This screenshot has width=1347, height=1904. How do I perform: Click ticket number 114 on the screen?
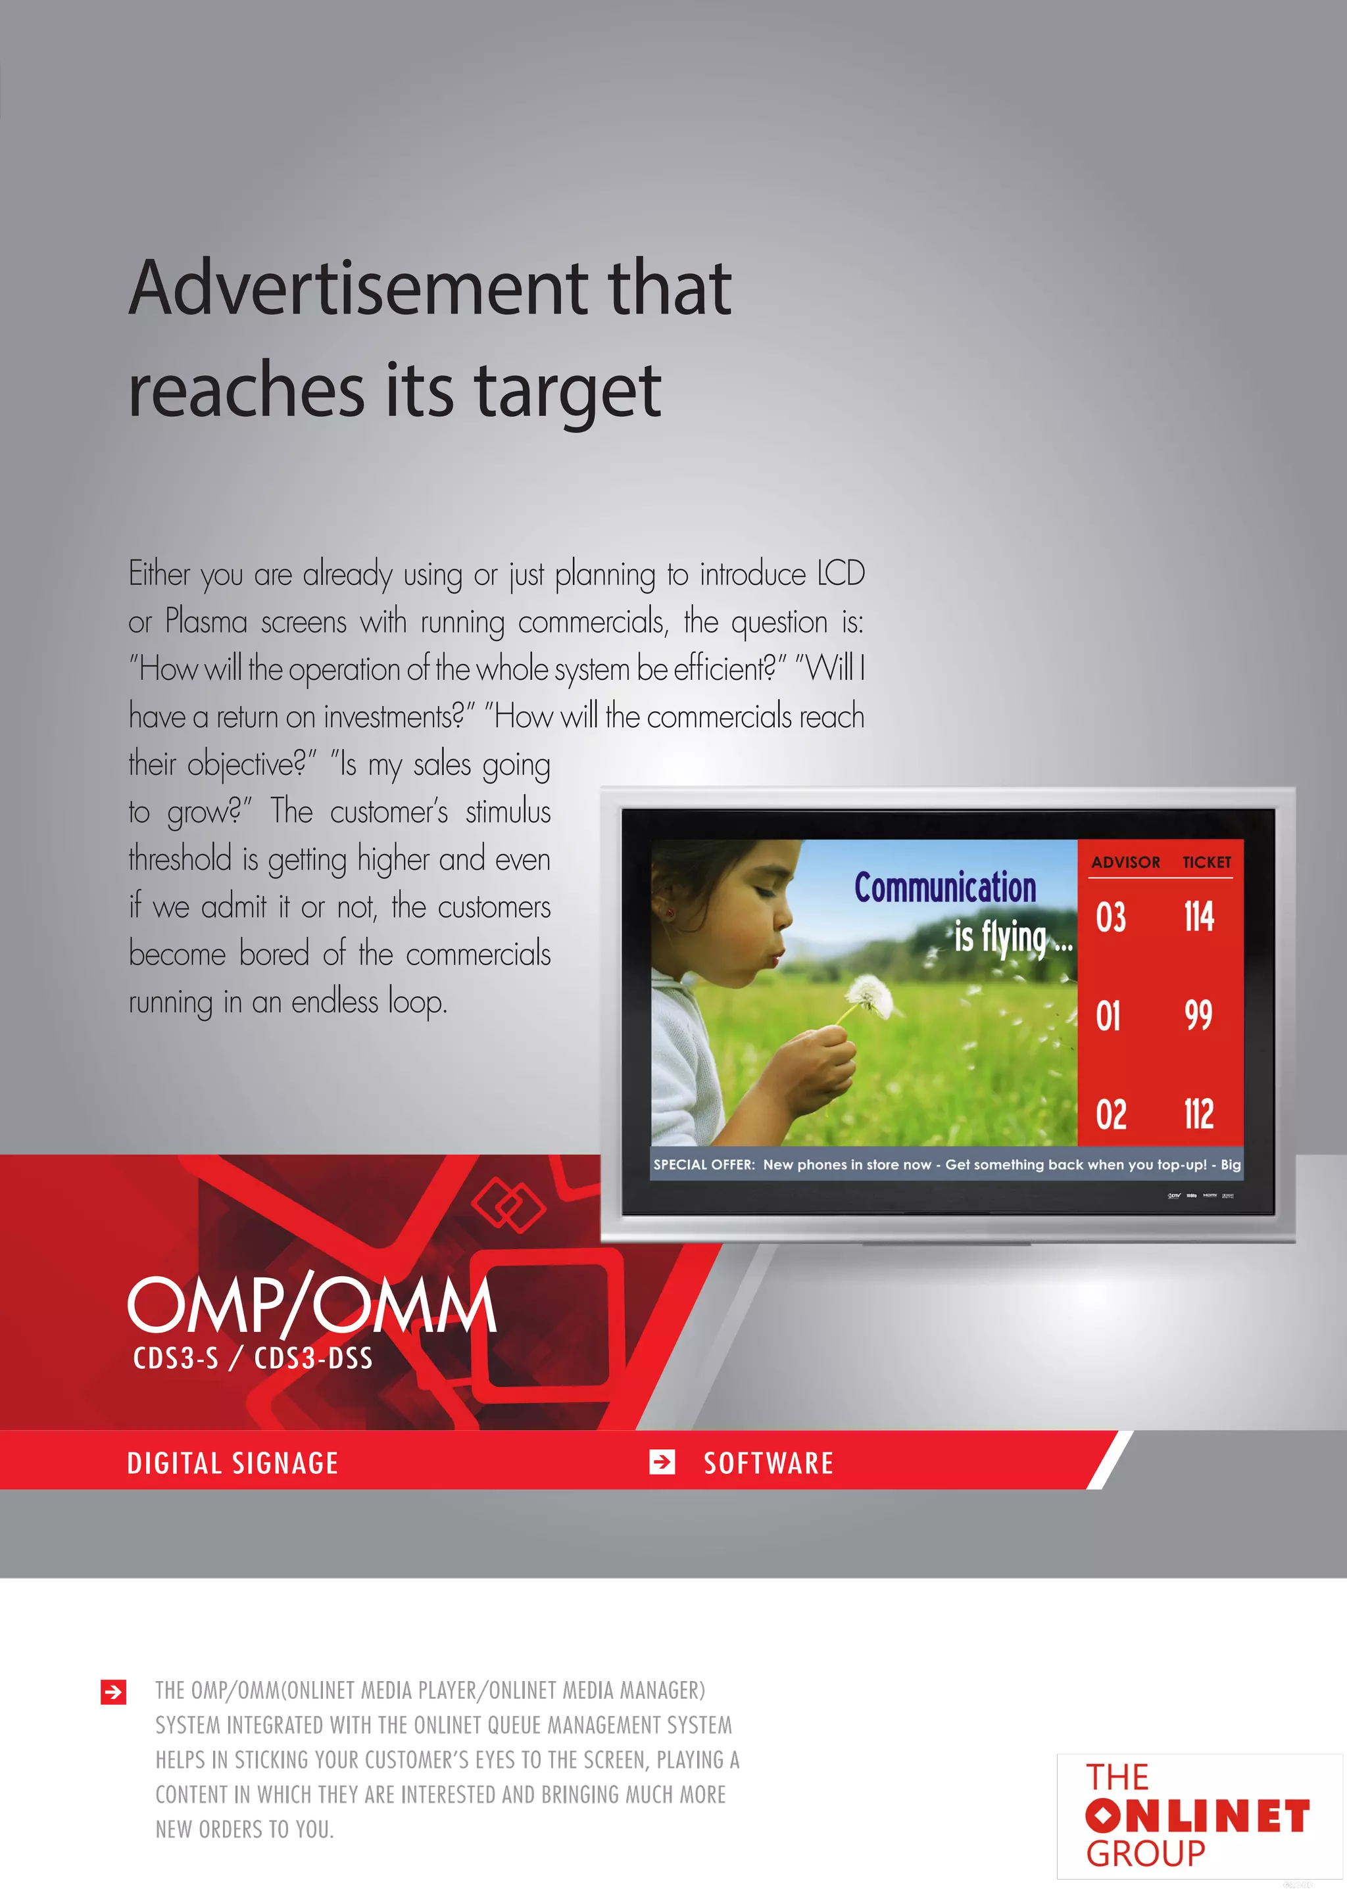coord(1198,917)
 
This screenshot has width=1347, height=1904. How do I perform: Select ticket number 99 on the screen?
coord(1198,1015)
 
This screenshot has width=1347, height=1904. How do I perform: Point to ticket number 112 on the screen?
coord(1198,1114)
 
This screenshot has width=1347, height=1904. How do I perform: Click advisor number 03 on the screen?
coord(1111,917)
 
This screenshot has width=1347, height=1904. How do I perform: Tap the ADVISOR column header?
coord(1125,863)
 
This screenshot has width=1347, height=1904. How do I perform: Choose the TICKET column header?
coord(1207,863)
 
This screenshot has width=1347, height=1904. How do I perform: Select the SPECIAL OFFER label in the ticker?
coord(703,1164)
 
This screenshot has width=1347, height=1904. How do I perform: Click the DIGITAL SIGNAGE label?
coord(232,1463)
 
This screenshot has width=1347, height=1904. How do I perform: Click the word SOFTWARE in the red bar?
coord(768,1463)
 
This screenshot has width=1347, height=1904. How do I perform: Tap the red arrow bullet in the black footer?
coord(114,1691)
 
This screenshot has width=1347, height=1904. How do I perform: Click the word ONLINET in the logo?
coord(1197,1816)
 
